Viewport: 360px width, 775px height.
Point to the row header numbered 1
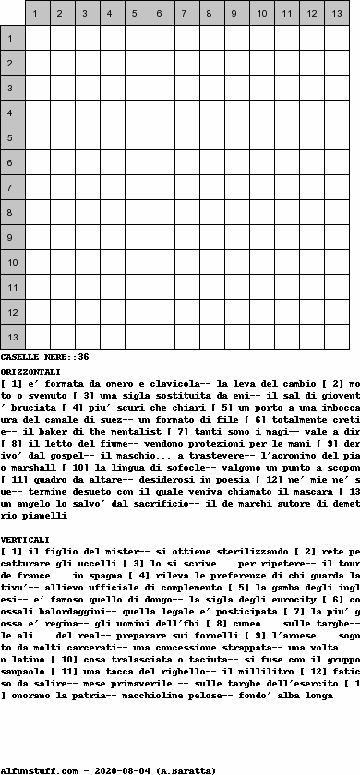13,38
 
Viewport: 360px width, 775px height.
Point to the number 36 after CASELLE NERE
83,357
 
